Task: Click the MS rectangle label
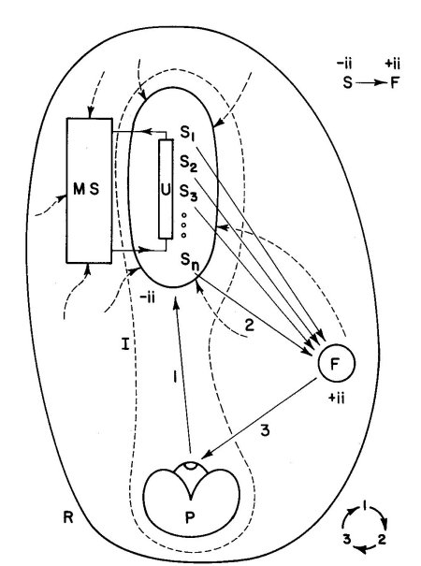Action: click(86, 189)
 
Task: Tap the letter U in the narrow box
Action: click(166, 190)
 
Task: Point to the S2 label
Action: click(189, 164)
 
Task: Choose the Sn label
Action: click(190, 261)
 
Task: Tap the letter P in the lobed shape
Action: click(190, 517)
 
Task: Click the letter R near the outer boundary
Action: click(68, 517)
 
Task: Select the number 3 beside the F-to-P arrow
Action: click(265, 430)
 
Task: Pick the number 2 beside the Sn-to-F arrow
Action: click(250, 326)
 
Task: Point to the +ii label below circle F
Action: click(336, 399)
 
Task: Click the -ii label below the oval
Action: click(147, 298)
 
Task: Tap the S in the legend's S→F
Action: click(347, 83)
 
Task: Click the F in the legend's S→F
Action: click(395, 83)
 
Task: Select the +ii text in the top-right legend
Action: click(393, 65)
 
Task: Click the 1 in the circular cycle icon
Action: click(365, 505)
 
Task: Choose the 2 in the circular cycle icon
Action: click(382, 539)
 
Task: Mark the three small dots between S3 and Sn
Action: click(183, 225)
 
